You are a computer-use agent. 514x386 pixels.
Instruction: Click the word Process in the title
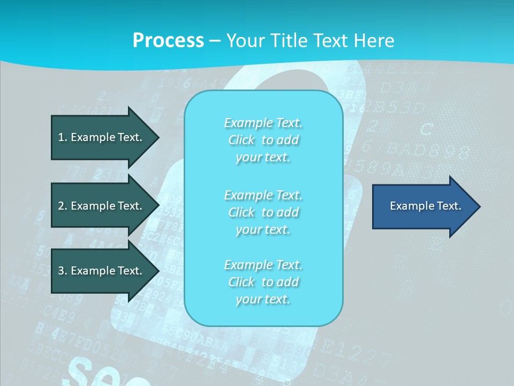(x=168, y=41)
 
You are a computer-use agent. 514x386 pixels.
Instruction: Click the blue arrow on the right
(x=423, y=206)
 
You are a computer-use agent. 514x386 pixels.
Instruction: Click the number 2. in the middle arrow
(x=63, y=206)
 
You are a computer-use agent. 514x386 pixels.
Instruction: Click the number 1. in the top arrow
(x=63, y=137)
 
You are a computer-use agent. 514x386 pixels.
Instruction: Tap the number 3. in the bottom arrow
(x=63, y=271)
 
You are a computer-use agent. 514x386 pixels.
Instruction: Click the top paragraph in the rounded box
(x=263, y=140)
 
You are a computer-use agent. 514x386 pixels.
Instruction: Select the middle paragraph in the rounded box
(x=263, y=212)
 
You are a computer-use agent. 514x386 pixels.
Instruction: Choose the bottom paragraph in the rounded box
(x=263, y=282)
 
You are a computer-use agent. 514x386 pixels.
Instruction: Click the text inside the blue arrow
(x=425, y=206)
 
